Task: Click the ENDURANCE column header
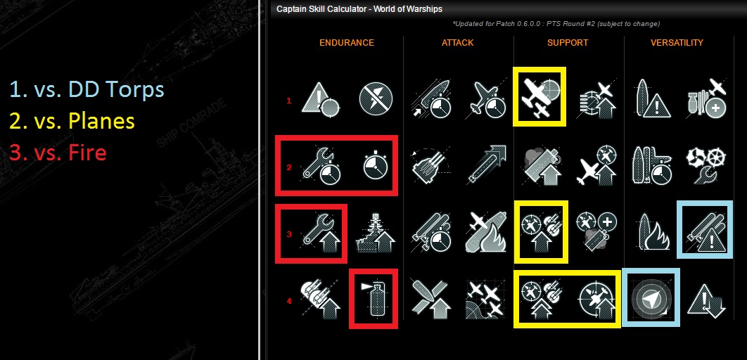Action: point(347,43)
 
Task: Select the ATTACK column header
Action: point(457,43)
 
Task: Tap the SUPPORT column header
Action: point(568,43)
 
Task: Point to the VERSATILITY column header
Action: point(677,43)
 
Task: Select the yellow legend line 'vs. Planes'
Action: point(72,121)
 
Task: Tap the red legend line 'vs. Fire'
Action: point(58,153)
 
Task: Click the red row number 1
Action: point(288,101)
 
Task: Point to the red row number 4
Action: point(288,301)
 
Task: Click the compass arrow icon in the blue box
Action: point(651,297)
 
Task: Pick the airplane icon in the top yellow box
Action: point(539,96)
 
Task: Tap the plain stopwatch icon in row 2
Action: point(376,165)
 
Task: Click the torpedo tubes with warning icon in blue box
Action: point(705,229)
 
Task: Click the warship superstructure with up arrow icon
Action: point(376,232)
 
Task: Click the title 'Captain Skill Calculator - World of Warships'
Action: point(359,9)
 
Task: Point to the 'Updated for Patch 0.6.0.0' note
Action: point(556,24)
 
